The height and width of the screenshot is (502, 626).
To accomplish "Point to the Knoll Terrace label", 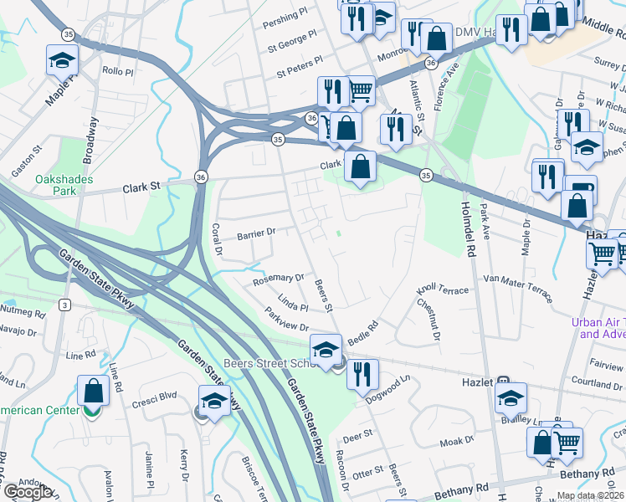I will click(443, 289).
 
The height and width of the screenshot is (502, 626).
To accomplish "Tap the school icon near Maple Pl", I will click(62, 61).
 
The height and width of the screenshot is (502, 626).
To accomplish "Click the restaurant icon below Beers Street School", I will click(362, 375).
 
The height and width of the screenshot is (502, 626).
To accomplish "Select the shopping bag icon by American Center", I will click(93, 391).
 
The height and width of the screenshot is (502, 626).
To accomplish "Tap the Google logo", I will click(28, 492).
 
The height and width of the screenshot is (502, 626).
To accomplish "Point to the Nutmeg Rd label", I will click(26, 313).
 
